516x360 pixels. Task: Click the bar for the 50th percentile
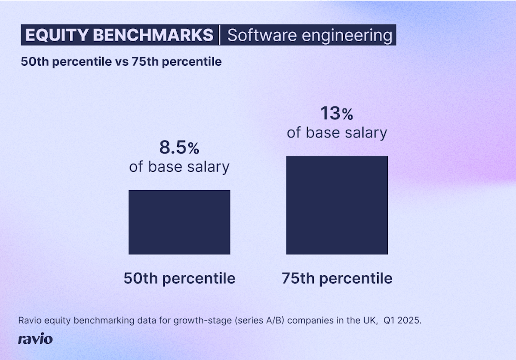[x=179, y=222]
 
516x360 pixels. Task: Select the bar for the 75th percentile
[x=337, y=205]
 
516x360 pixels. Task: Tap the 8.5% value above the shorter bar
[x=179, y=148]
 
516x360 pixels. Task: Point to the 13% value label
[x=337, y=114]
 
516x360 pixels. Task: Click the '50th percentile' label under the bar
[x=179, y=278]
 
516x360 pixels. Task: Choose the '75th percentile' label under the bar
[x=337, y=278]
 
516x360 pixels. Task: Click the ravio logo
[x=35, y=339]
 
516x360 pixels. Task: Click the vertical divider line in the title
[x=220, y=35]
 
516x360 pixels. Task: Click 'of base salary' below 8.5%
[x=179, y=167]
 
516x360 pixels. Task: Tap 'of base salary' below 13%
[x=337, y=132]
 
